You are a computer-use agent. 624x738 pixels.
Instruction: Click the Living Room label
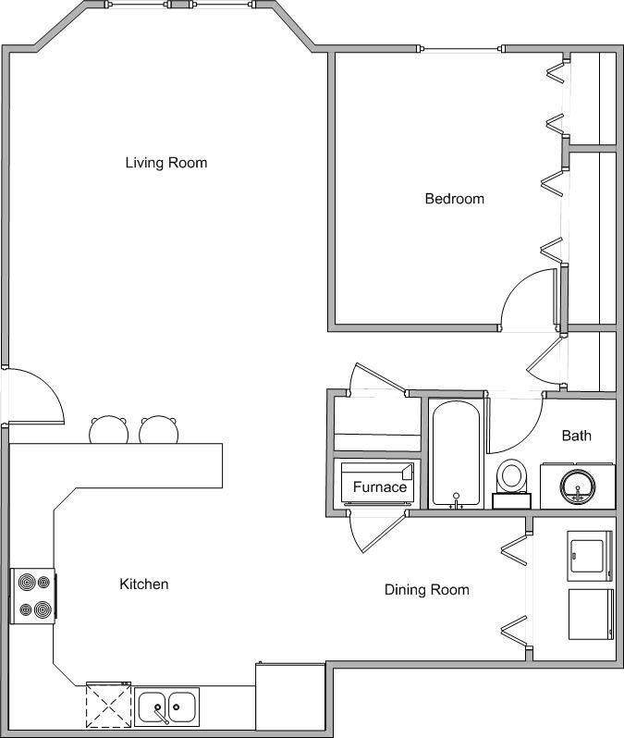coord(166,163)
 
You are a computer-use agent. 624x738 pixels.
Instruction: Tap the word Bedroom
coord(454,199)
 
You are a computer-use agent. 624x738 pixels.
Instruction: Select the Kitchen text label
coord(144,584)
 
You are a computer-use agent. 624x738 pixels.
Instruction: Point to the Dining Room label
coord(427,590)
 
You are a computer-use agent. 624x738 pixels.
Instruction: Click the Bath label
coord(577,436)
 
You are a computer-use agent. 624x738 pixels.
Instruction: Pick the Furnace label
coord(380,486)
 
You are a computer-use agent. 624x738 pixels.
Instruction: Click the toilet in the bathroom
coord(511,484)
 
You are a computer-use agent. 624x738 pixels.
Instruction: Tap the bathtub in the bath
coord(456,454)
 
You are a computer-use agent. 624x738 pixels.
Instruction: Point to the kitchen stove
coord(33,597)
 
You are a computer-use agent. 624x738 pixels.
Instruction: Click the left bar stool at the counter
coord(109,429)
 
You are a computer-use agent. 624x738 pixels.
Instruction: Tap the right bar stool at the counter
coord(159,429)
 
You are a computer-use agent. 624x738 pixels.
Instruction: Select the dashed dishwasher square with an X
coord(109,705)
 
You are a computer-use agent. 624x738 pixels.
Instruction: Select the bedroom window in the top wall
coord(460,48)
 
